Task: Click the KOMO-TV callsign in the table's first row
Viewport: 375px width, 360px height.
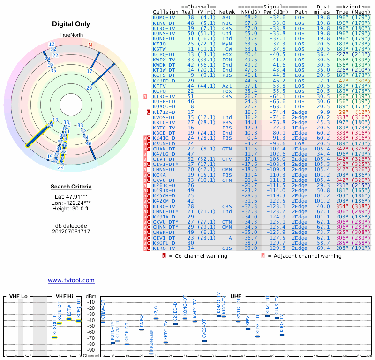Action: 164,17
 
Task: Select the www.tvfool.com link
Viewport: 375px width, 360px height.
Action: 71,280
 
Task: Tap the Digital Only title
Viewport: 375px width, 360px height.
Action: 71,24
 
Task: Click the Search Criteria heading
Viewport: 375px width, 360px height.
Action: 71,187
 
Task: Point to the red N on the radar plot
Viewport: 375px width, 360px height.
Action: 90,45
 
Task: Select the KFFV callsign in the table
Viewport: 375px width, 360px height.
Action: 159,86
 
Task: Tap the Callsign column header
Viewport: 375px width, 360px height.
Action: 165,12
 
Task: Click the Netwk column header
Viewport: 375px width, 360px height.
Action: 227,12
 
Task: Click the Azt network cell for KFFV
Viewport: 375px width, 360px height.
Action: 227,86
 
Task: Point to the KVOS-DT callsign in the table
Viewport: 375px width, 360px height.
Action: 164,117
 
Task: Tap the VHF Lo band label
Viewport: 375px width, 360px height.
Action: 18,297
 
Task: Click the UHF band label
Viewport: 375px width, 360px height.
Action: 236,297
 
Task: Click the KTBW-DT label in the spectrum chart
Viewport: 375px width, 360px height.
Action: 103,311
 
